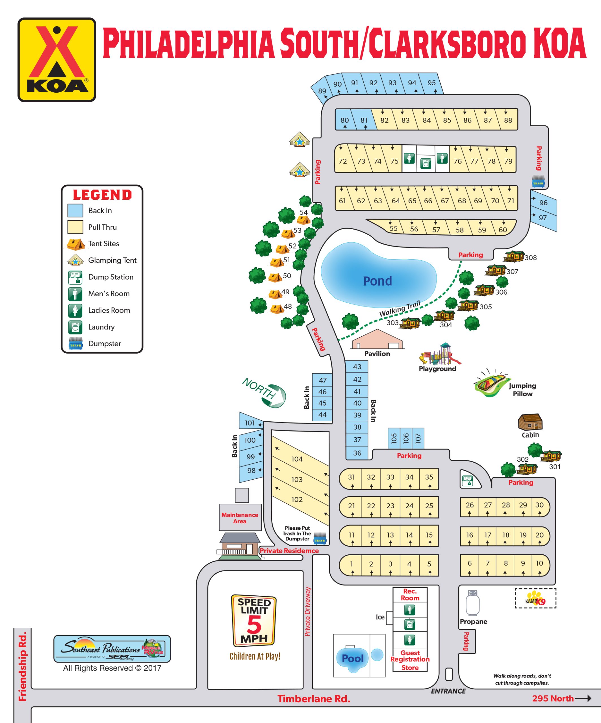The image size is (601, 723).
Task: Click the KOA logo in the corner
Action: coord(57,60)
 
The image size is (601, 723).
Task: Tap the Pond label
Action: coord(377,281)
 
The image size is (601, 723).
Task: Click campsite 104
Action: coord(297,459)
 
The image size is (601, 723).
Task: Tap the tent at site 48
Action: coord(277,309)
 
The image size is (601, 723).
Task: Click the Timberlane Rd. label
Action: coord(314,698)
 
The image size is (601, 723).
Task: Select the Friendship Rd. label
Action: coord(22,666)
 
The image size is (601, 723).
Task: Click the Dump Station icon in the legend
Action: coord(75,277)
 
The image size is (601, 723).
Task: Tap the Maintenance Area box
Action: coord(240,518)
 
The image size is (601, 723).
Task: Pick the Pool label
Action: coord(353,658)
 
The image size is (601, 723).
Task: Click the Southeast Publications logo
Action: coord(112,649)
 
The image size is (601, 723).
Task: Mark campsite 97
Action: coord(543,217)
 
